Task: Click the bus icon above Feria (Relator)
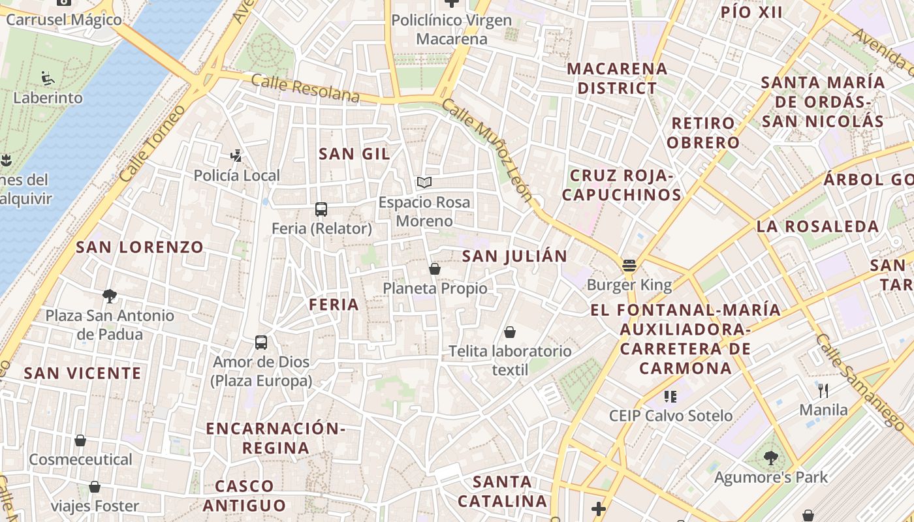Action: (x=321, y=209)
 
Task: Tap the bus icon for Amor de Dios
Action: (x=261, y=343)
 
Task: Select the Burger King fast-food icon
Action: (x=629, y=266)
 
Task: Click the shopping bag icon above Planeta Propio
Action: (x=435, y=269)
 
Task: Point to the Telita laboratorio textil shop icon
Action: (x=510, y=332)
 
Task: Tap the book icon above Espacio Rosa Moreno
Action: (x=424, y=183)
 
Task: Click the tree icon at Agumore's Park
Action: (x=770, y=458)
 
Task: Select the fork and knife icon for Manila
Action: (x=823, y=391)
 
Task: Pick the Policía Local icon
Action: (x=236, y=156)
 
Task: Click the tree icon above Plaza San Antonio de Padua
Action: (x=110, y=296)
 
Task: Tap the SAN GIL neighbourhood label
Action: (x=354, y=154)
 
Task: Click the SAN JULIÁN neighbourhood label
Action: (x=514, y=256)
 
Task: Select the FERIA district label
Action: (x=334, y=305)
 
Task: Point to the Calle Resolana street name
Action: (x=305, y=88)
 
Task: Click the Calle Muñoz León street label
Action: (x=488, y=150)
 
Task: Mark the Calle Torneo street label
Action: (x=144, y=151)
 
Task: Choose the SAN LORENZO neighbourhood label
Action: (x=140, y=247)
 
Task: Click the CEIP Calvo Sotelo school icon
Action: (x=670, y=396)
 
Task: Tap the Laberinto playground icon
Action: (x=48, y=79)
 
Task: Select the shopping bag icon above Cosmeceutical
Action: (x=80, y=440)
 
